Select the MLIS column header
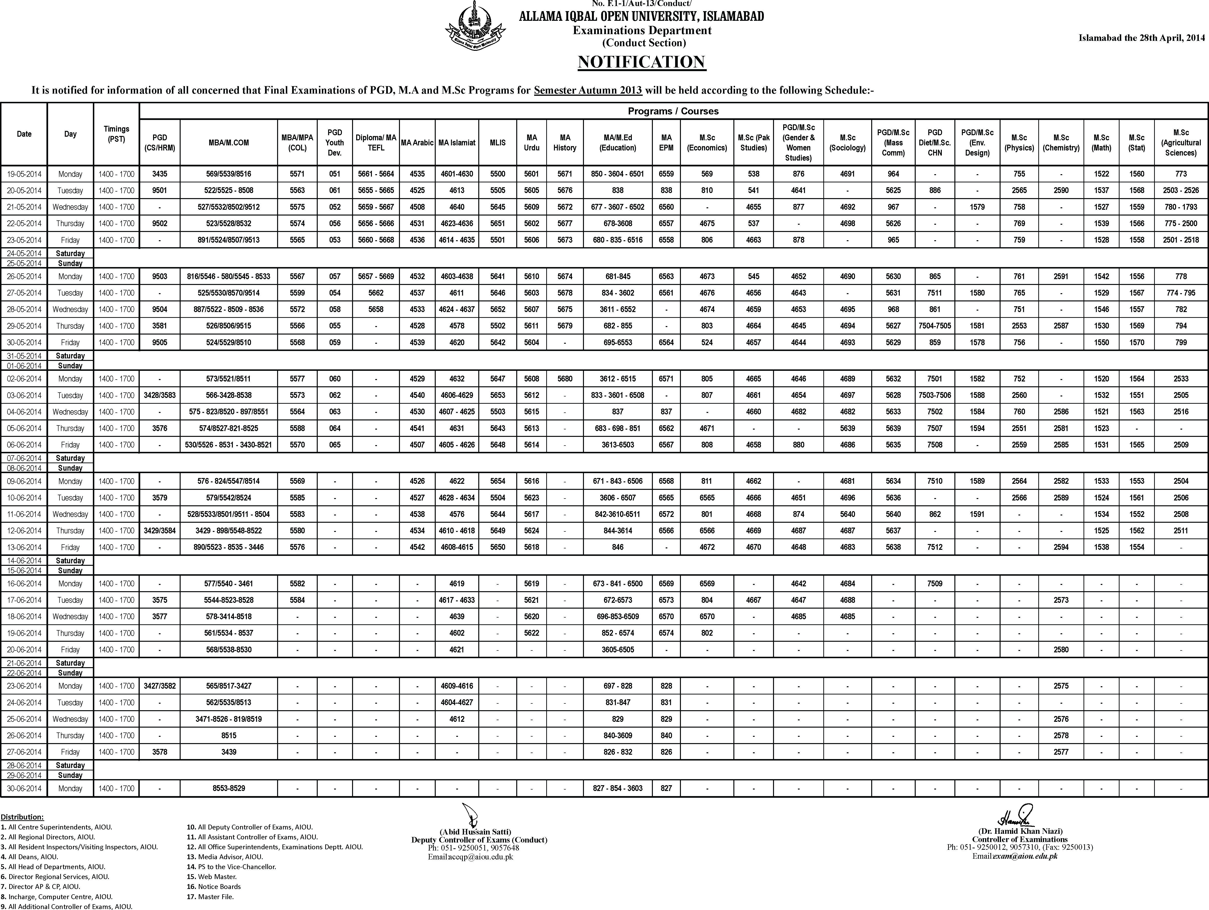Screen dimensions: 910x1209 497,143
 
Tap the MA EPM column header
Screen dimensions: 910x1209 666,143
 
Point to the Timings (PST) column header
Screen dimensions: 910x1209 116,134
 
